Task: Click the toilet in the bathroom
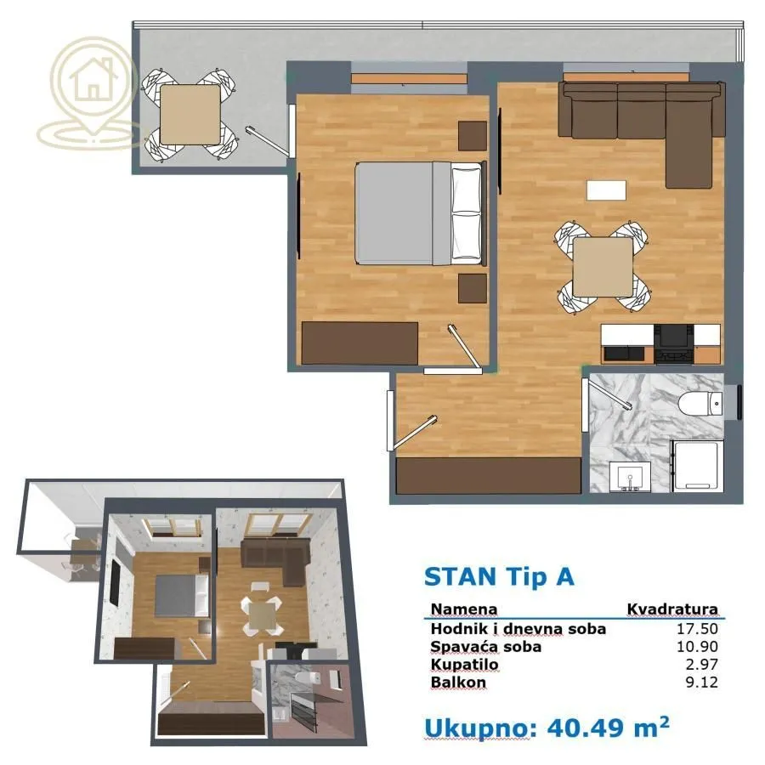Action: pyautogui.click(x=701, y=402)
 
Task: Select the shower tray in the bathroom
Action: pyautogui.click(x=696, y=467)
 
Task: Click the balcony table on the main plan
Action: pyautogui.click(x=190, y=115)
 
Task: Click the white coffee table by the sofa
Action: pyautogui.click(x=606, y=190)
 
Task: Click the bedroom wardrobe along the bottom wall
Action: pyautogui.click(x=360, y=343)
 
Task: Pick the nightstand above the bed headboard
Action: pyautogui.click(x=472, y=135)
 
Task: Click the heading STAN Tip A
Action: pyautogui.click(x=499, y=576)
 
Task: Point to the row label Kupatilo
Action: pyautogui.click(x=464, y=665)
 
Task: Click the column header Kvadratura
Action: pyautogui.click(x=672, y=609)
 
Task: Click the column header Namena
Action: pyautogui.click(x=464, y=609)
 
